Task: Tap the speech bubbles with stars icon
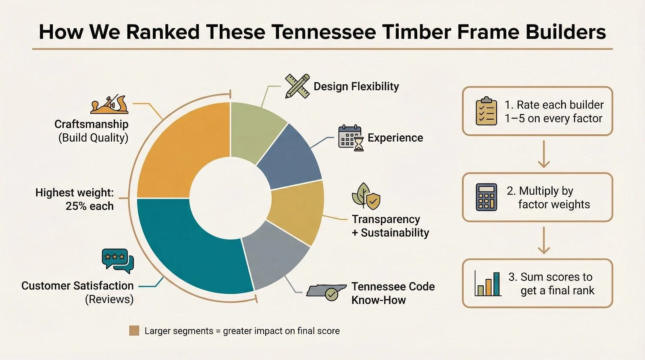coord(118,261)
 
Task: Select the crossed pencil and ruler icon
coord(298,86)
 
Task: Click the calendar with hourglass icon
coord(351,138)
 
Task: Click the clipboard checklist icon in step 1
coord(486,111)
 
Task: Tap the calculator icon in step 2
coord(486,197)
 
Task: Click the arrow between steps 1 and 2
coord(544,154)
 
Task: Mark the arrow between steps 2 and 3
coord(544,240)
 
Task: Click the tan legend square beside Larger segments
coord(134,331)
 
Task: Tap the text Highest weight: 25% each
coord(75,199)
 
